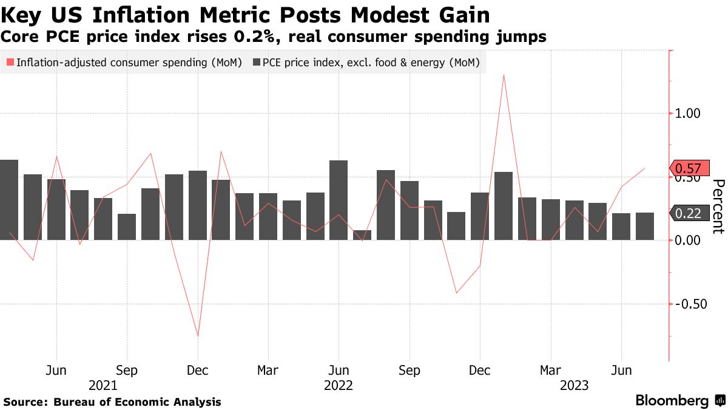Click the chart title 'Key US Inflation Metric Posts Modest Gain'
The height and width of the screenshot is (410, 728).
(246, 15)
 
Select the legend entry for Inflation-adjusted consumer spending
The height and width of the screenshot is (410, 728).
(124, 63)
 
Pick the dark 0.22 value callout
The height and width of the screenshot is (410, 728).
(687, 213)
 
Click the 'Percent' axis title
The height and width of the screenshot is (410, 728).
(718, 207)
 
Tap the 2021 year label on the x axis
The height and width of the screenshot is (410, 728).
(103, 385)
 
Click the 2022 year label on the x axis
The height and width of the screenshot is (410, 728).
(339, 385)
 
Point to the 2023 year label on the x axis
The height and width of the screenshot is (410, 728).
(574, 385)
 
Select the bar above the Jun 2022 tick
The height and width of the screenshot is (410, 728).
(339, 200)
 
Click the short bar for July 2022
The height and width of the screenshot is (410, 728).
(362, 235)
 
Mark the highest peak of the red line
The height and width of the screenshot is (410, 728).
(504, 75)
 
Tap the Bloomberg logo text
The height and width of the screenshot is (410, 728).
(672, 401)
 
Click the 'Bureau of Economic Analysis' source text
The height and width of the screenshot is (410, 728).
(137, 402)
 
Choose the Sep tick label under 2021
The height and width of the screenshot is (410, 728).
(127, 371)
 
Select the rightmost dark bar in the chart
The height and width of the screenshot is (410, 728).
(645, 226)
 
